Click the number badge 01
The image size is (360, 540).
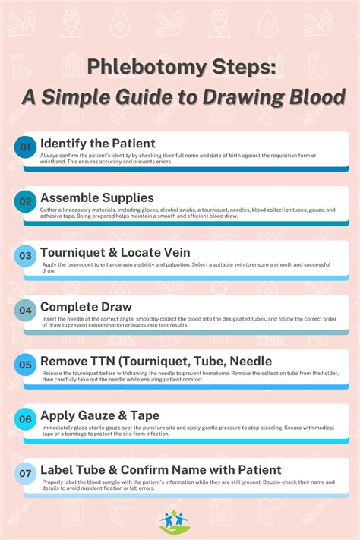26,147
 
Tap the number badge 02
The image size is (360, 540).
26,202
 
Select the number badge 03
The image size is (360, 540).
26,256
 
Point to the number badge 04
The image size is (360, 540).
26,310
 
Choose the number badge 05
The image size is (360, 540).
26,365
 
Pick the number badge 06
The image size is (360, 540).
26,418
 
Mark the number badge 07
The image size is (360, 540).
26,473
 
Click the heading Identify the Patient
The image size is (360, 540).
97,143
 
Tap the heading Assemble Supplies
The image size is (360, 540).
96,197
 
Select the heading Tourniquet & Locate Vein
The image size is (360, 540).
115,251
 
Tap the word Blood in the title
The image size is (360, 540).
318,96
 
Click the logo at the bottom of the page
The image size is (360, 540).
179,520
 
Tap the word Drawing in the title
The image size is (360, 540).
251,96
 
